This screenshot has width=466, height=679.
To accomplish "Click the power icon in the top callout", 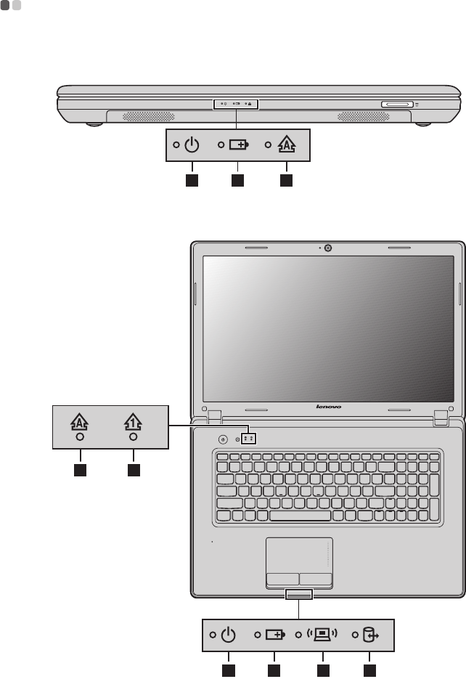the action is click(191, 145).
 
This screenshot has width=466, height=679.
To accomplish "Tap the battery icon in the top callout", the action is click(237, 145).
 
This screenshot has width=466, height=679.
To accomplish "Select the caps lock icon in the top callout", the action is click(286, 145).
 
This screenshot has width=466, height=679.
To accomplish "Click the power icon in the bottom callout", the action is click(229, 635).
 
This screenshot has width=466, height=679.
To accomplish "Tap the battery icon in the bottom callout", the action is click(275, 635).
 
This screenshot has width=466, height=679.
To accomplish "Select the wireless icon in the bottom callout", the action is click(323, 635).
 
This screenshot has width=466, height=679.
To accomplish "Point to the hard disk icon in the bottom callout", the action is click(371, 635).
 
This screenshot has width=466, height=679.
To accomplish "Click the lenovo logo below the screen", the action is click(329, 407).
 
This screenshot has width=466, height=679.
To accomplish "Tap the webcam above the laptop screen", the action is click(329, 248).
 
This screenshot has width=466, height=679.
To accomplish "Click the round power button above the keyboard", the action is click(223, 439).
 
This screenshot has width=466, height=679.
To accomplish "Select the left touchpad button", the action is click(282, 580).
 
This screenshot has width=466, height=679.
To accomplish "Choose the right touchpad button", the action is click(316, 580).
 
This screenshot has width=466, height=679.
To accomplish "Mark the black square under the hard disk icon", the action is click(371, 669).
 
